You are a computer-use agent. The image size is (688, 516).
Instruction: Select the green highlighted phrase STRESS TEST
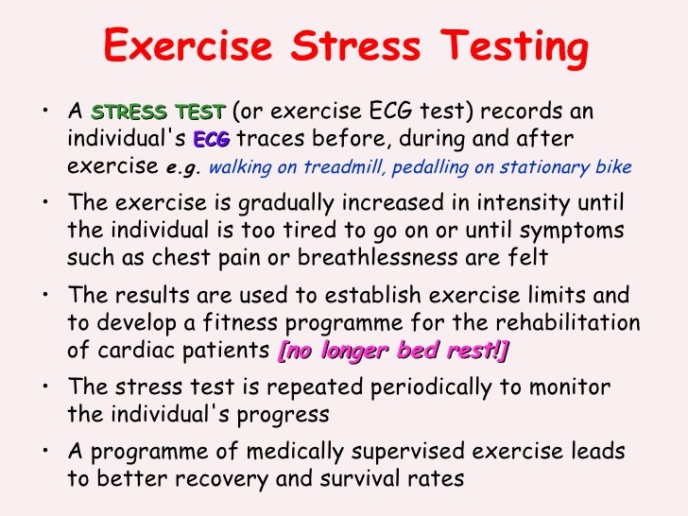(158, 112)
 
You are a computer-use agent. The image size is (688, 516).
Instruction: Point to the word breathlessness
(414, 257)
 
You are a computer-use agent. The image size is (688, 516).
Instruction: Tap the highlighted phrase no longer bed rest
(393, 351)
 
